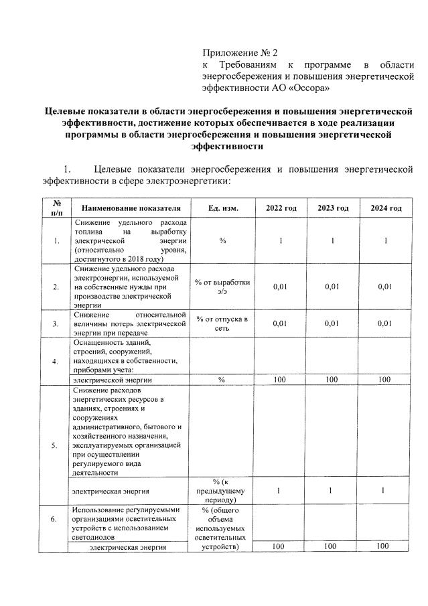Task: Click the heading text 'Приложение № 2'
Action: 239,52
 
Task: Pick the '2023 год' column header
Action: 333,208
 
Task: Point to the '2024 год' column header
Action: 386,208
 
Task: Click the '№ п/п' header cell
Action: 56,208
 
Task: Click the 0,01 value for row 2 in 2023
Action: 333,287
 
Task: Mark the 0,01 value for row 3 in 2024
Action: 384,323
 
